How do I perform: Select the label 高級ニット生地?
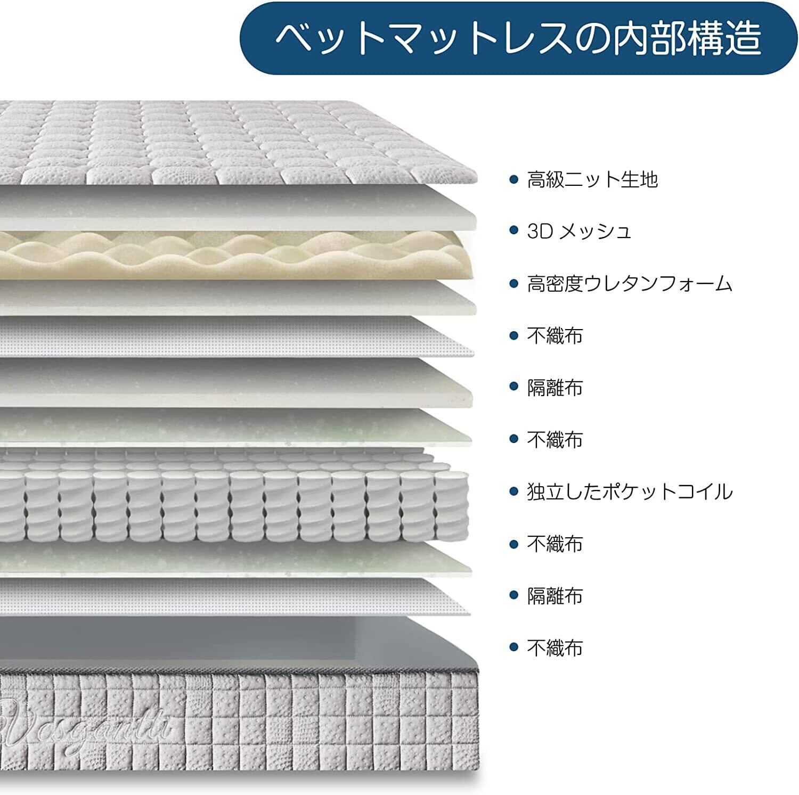pos(592,179)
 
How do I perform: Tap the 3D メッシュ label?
pos(579,231)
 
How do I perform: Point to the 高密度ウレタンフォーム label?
pos(630,283)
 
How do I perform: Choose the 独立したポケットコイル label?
pos(630,491)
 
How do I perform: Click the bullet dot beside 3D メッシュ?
pos(513,231)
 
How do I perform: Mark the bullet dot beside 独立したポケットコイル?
pos(513,491)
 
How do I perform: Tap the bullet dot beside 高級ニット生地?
pos(513,179)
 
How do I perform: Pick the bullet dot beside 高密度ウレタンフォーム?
pos(513,283)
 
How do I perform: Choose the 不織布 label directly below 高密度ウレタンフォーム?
pos(555,335)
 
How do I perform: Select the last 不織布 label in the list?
pos(555,648)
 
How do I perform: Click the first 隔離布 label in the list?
pos(555,388)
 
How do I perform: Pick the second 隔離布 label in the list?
pos(555,596)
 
